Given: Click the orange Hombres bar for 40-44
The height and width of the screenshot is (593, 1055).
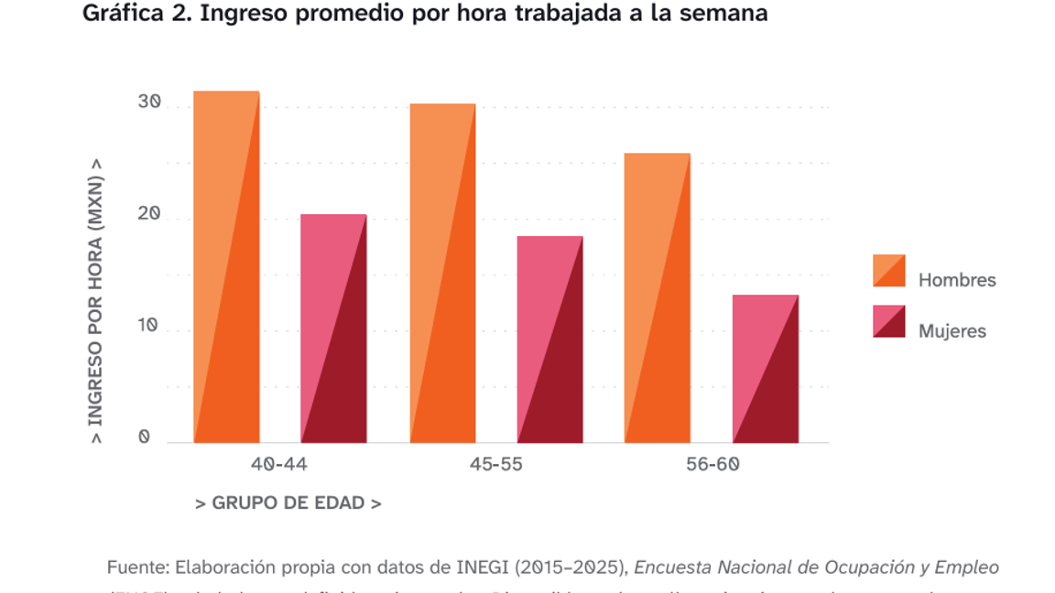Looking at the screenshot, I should [226, 267].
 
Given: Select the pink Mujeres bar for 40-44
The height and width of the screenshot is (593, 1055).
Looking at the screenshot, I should [333, 329].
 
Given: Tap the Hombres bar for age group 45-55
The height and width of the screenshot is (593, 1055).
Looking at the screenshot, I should [442, 274].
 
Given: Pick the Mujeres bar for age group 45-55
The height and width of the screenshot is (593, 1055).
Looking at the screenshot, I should [549, 340].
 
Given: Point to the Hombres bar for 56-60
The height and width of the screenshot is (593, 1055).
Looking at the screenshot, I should [658, 298].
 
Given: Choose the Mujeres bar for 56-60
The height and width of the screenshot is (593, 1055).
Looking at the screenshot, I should [765, 369].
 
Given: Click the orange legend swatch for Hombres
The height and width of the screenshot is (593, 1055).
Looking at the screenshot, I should [888, 271].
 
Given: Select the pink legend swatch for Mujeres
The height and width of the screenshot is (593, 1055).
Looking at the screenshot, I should [888, 321].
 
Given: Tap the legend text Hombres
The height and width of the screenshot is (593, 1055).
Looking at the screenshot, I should [957, 280].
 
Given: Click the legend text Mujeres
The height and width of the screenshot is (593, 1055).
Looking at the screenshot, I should [952, 331].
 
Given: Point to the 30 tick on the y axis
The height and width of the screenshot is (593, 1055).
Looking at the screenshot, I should [149, 102].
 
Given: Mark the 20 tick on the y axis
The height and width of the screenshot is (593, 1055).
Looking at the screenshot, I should [149, 215].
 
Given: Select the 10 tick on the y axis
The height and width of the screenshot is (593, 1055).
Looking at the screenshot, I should [149, 327].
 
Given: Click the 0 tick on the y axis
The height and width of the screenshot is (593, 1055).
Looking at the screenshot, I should [144, 437].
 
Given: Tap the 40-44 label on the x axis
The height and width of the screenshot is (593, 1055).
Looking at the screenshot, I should [279, 464].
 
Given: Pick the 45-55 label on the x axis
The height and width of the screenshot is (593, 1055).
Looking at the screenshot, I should [495, 464].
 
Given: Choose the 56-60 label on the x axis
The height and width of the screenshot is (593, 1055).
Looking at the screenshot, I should [712, 464].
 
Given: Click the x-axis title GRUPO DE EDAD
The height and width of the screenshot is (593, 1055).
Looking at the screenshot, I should [288, 503].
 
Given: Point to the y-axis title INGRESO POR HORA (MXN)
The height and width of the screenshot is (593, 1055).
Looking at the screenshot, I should [95, 302].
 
